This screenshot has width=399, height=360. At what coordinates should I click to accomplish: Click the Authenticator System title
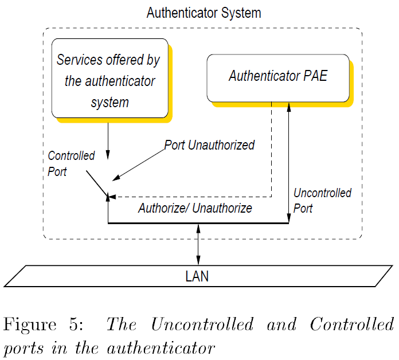204,13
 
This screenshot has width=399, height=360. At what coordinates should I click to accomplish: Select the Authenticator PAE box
278,77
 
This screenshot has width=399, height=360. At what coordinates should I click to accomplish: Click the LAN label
197,276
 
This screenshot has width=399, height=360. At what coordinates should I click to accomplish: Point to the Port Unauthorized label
209,145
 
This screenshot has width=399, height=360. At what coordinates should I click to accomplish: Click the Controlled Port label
71,163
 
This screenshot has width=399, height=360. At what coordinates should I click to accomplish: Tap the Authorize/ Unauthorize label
195,208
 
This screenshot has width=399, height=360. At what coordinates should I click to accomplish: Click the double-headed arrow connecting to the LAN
198,244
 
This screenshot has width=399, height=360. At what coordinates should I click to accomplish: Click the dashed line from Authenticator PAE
271,155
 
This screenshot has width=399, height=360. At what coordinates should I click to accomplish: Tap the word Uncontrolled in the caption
202,324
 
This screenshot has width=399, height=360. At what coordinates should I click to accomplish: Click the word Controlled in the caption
351,324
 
